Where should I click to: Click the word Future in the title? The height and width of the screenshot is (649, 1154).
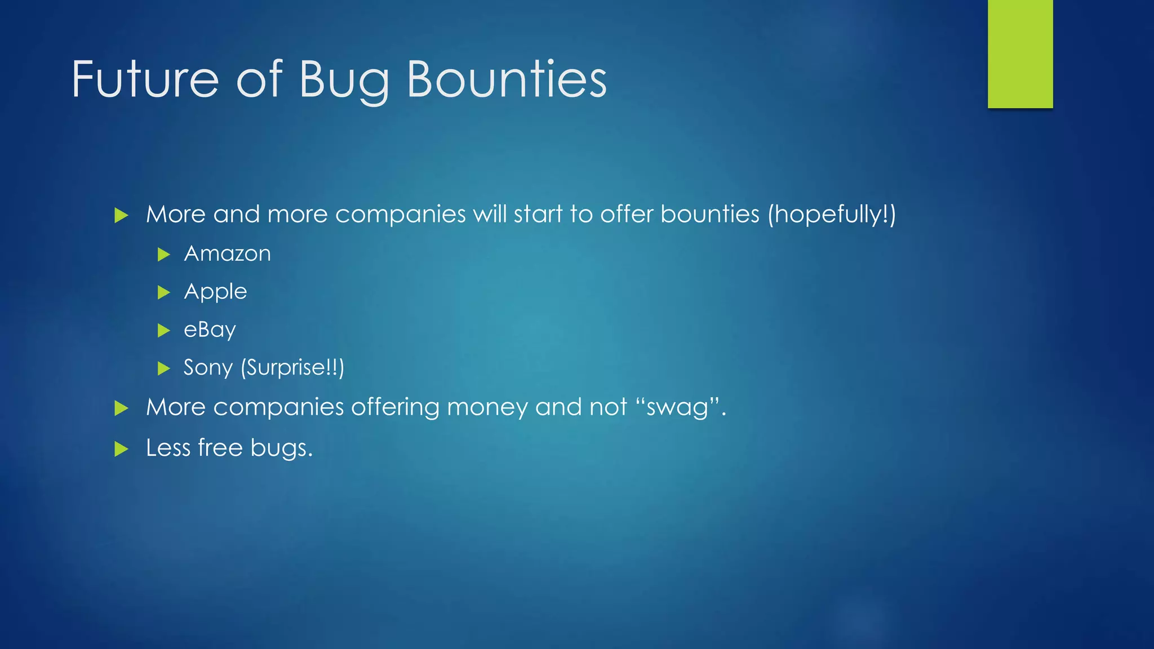[x=145, y=79]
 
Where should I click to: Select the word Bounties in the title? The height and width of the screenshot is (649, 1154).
[x=507, y=79]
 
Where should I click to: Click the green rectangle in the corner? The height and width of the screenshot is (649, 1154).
[x=1020, y=54]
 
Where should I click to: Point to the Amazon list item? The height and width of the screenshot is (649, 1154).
[x=227, y=254]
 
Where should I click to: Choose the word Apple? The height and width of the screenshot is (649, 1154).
[x=215, y=292]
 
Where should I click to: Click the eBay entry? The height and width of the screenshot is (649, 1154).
[x=210, y=330]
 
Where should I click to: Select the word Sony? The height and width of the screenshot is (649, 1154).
[x=208, y=368]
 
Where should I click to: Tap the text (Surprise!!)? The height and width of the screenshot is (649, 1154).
[x=292, y=368]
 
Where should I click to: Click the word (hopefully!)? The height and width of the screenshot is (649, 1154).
[x=831, y=215]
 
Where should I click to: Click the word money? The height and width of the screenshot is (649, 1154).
[x=487, y=407]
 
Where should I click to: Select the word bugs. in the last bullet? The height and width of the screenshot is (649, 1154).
[x=281, y=448]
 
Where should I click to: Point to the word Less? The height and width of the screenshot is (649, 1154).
[x=168, y=448]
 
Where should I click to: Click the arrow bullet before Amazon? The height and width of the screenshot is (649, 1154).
[x=164, y=255]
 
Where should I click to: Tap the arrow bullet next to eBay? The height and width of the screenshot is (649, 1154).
[x=164, y=330]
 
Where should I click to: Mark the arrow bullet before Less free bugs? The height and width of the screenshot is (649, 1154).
[x=121, y=449]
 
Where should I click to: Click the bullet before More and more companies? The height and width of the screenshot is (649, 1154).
[x=121, y=215]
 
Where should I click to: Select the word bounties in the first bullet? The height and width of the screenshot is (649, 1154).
[x=709, y=215]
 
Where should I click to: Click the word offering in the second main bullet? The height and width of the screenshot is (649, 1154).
[x=395, y=407]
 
